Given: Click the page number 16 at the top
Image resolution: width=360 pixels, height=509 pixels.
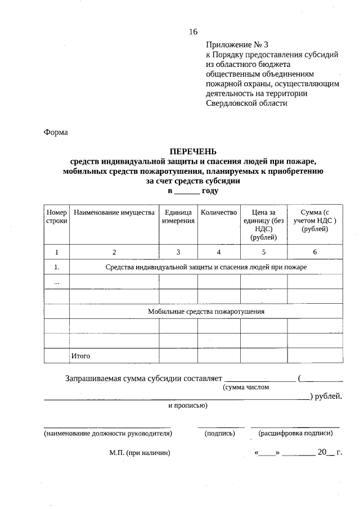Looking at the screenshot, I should [193, 31].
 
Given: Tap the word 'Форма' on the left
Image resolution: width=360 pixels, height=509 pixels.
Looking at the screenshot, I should [56, 133].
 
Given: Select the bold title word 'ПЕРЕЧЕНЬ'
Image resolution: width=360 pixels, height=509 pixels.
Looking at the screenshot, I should [193, 151].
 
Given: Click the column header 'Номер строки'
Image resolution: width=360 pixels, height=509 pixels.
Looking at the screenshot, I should [56, 217].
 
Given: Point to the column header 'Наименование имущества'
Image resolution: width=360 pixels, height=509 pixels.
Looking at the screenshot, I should [114, 213].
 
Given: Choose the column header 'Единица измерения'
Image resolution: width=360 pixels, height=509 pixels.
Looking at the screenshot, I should [178, 217].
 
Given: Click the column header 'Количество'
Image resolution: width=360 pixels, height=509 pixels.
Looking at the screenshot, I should [219, 213].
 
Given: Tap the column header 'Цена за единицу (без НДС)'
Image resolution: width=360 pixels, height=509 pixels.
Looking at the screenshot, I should [263, 225].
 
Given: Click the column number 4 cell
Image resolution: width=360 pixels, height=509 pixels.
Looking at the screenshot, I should [219, 251].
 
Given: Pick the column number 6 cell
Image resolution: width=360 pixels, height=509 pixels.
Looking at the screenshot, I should [314, 251].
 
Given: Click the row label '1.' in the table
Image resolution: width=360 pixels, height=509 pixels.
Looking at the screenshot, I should [56, 267].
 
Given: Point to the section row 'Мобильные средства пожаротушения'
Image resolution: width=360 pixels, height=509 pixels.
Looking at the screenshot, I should [206, 311].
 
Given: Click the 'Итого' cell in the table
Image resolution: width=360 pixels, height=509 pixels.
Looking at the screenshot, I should [80, 356].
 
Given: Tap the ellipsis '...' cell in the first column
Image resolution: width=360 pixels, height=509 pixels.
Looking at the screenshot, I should [56, 282].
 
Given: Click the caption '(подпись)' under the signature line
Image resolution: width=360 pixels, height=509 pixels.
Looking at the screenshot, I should [220, 433].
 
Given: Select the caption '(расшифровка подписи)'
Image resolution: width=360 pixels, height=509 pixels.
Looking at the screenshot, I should [295, 433].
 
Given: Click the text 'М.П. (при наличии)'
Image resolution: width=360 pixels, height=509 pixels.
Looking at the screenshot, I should [139, 452].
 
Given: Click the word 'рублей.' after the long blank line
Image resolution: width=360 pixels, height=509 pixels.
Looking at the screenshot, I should [328, 397].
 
